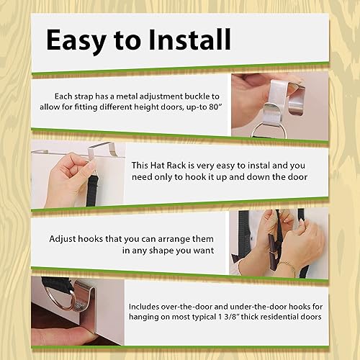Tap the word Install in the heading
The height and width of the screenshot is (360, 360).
tap(189, 39)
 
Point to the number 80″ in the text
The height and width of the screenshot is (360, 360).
tap(215, 107)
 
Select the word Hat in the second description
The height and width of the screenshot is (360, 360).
tap(158, 166)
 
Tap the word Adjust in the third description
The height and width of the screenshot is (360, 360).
tap(63, 239)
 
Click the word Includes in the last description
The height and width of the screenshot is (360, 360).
tap(143, 307)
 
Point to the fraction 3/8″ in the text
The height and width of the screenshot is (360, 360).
tap(232, 317)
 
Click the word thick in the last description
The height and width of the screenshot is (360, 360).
tap(250, 317)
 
